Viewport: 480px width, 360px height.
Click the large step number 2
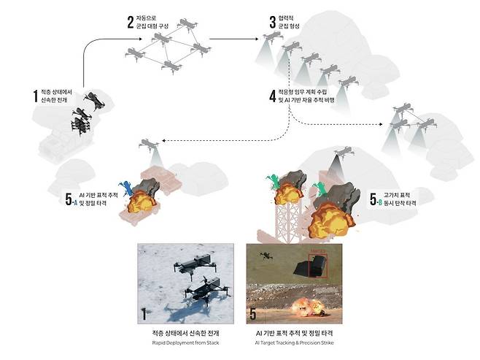click(x=131, y=21)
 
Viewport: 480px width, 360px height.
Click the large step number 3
click(x=273, y=22)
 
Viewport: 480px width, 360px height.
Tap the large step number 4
click(x=271, y=94)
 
